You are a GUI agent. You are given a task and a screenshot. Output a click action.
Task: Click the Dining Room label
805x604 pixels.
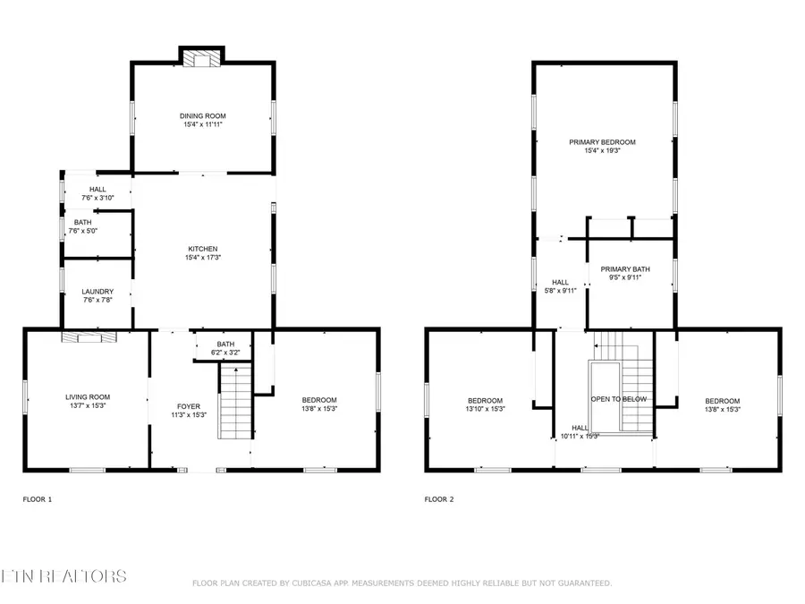tap(202, 115)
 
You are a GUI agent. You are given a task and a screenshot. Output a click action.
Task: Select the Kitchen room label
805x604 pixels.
tap(202, 249)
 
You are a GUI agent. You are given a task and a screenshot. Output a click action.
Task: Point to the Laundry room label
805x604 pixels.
tap(97, 292)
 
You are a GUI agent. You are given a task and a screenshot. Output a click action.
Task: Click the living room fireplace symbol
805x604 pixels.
tap(89, 337)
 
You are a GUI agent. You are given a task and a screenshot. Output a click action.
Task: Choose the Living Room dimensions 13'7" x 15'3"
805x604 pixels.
tap(87, 406)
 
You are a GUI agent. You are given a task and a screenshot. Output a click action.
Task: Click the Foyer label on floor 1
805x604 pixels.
tap(189, 406)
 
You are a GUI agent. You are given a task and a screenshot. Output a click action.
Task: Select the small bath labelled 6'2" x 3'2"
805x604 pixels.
tap(225, 349)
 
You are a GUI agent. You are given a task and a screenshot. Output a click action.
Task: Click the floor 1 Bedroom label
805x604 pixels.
tap(319, 399)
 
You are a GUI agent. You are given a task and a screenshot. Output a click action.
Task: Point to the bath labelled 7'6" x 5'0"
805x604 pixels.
tap(82, 226)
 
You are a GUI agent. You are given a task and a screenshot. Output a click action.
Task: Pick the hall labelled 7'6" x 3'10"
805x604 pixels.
tap(97, 193)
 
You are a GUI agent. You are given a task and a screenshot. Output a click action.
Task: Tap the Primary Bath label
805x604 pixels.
tap(625, 269)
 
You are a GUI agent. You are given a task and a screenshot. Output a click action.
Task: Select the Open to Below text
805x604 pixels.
tap(618, 399)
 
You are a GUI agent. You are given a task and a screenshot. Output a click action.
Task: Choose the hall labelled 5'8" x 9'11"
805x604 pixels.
tap(561, 285)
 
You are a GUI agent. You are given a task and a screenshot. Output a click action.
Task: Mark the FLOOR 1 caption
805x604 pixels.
tap(37, 499)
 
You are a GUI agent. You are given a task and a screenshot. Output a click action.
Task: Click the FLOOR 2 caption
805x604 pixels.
tap(438, 499)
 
